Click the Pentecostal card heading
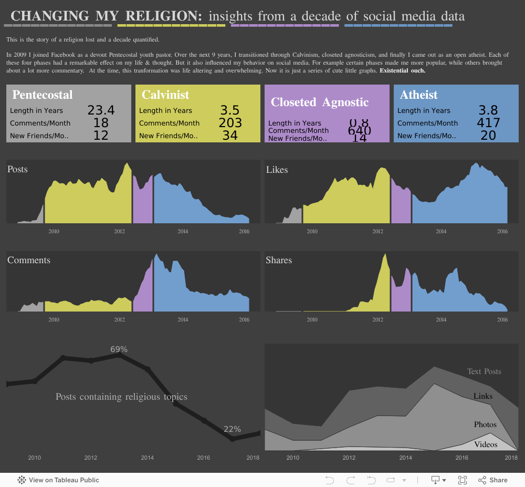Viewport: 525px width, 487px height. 43,95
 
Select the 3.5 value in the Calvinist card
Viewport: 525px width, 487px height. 230,110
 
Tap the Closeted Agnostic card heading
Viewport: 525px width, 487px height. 320,102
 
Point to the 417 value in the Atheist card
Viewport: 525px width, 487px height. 488,123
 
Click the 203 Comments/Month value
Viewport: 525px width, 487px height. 230,123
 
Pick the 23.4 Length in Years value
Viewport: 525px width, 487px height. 101,110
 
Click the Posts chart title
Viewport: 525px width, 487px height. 17,169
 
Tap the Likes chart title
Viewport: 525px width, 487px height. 277,170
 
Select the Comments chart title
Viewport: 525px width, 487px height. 29,260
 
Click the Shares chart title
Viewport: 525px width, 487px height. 279,260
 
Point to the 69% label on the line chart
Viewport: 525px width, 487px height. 119,349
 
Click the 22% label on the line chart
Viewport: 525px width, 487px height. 232,429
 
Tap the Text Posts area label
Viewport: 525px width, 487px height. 484,371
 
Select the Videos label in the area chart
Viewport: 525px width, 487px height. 486,444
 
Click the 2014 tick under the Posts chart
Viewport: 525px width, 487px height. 183,231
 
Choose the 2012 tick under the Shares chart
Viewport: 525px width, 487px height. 377,319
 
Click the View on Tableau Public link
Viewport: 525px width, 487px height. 59,480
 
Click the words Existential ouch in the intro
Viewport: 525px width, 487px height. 402,70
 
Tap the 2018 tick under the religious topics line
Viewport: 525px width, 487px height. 253,458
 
